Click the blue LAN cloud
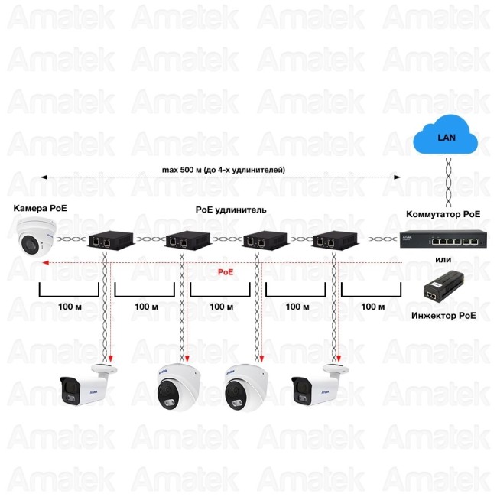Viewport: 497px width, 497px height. [x=445, y=138]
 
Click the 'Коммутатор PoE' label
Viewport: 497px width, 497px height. [x=443, y=214]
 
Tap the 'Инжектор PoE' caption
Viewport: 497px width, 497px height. [x=443, y=314]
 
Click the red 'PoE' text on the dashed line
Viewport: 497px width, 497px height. [x=226, y=271]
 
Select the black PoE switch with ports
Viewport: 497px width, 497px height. [x=443, y=240]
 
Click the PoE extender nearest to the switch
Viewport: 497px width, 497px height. [x=330, y=240]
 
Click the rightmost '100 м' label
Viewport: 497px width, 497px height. [x=372, y=306]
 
